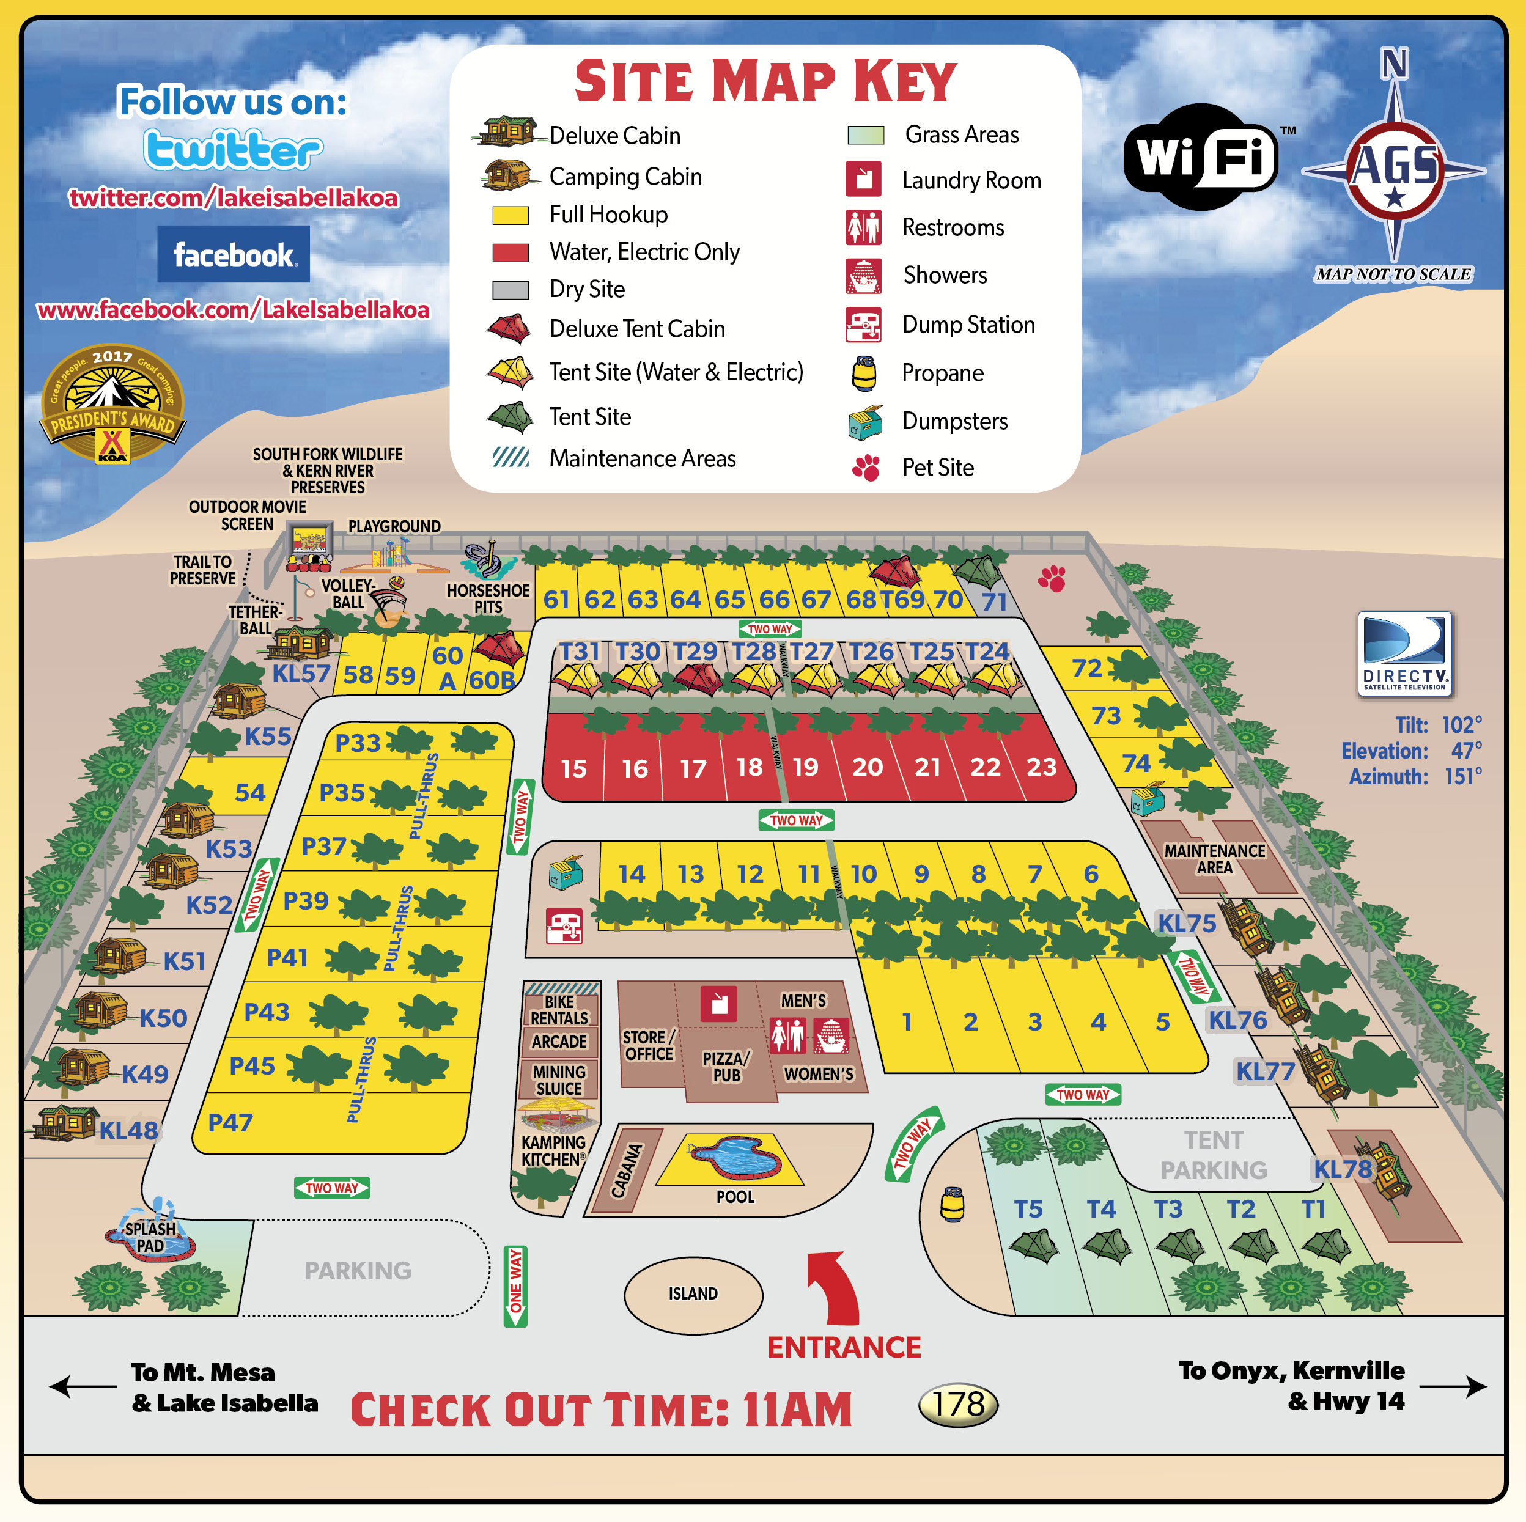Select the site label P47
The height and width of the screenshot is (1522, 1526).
230,1122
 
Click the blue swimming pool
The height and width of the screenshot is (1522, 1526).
734,1158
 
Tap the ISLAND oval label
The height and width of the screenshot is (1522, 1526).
693,1293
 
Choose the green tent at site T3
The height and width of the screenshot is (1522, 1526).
1179,1246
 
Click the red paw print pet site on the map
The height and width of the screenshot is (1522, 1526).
1052,579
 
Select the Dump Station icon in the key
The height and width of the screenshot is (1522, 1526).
863,325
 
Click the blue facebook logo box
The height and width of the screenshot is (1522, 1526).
233,254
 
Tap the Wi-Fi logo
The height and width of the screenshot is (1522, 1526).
1201,156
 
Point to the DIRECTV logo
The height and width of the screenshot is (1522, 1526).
1404,654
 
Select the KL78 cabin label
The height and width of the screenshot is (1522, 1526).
1342,1169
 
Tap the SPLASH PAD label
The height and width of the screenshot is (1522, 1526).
150,1237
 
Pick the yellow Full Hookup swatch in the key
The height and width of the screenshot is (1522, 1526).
511,215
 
